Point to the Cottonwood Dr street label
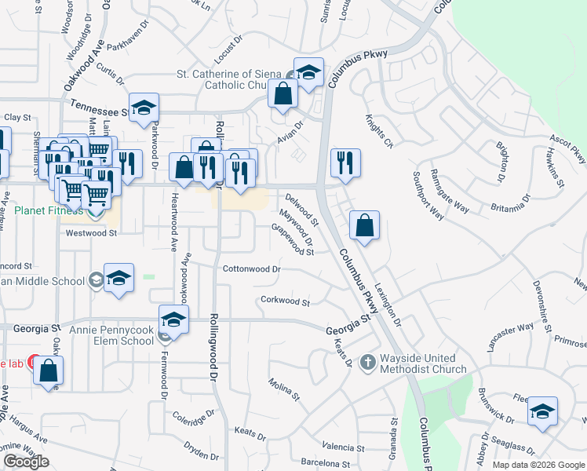[251, 268]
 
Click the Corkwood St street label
[285, 301]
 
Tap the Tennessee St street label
[98, 104]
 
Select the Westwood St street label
[91, 233]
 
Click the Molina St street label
[284, 388]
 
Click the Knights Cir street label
[377, 131]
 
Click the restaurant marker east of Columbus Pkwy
[345, 162]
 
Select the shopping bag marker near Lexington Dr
[365, 225]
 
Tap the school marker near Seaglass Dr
[543, 412]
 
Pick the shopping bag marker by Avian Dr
[283, 93]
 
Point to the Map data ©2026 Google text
[538, 465]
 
